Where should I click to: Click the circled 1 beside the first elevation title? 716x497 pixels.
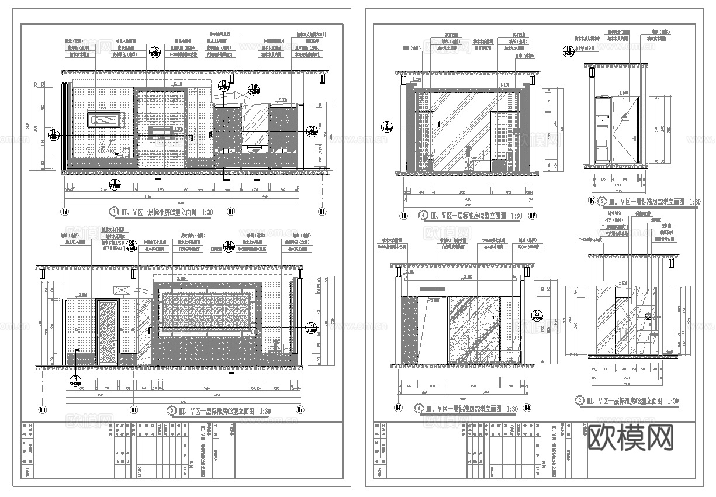[x=114, y=211]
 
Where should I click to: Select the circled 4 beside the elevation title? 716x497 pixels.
[x=424, y=215]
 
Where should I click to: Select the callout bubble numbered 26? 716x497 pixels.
[x=132, y=244]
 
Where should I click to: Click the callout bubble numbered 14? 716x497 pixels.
[x=230, y=244]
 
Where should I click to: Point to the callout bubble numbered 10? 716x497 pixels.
[x=310, y=326]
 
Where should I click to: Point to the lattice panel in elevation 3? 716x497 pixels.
[x=208, y=310]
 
